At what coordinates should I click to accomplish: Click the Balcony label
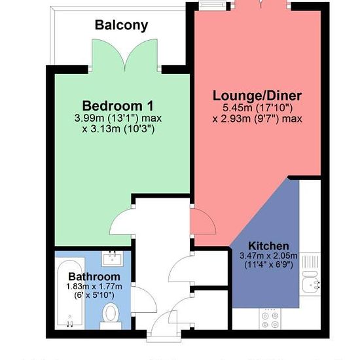tap(121, 26)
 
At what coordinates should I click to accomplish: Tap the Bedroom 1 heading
tap(118, 106)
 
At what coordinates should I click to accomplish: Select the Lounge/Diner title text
tap(257, 96)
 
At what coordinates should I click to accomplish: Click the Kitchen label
tap(268, 246)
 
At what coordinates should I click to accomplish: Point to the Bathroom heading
tap(94, 276)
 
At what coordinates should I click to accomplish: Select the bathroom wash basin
tap(113, 259)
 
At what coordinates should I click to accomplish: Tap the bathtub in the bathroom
tap(70, 293)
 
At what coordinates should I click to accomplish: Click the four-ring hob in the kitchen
tap(270, 319)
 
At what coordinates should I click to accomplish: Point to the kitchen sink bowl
tap(311, 285)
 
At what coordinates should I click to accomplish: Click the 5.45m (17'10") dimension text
tap(258, 108)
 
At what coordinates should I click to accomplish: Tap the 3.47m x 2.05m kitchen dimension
tap(268, 255)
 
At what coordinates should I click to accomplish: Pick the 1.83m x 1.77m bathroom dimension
tap(94, 287)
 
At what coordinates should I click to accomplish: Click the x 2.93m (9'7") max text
tap(257, 119)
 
